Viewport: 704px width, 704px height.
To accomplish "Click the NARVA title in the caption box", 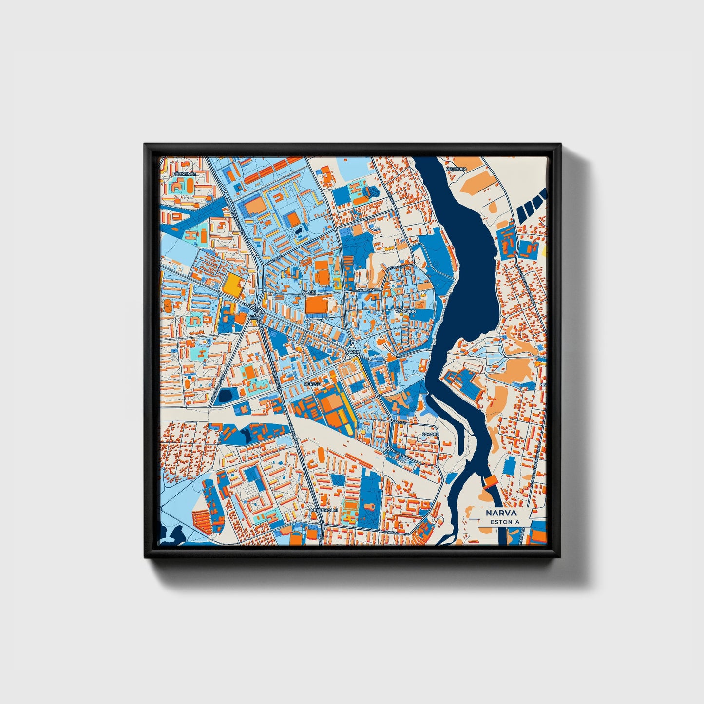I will (501, 513).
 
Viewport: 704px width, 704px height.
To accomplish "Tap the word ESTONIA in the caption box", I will (505, 522).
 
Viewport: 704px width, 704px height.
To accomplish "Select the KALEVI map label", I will (309, 291).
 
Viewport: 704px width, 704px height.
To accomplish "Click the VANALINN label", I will (405, 310).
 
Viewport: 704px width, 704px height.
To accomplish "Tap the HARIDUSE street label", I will (366, 290).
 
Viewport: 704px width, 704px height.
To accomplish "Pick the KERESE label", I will (312, 384).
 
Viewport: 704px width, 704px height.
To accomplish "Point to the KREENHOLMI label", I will (324, 510).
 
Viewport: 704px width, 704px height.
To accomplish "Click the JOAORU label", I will (431, 433).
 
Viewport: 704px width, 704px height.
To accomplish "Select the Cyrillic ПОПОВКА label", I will (457, 169).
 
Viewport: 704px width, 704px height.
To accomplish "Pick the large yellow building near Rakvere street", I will (232, 285).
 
